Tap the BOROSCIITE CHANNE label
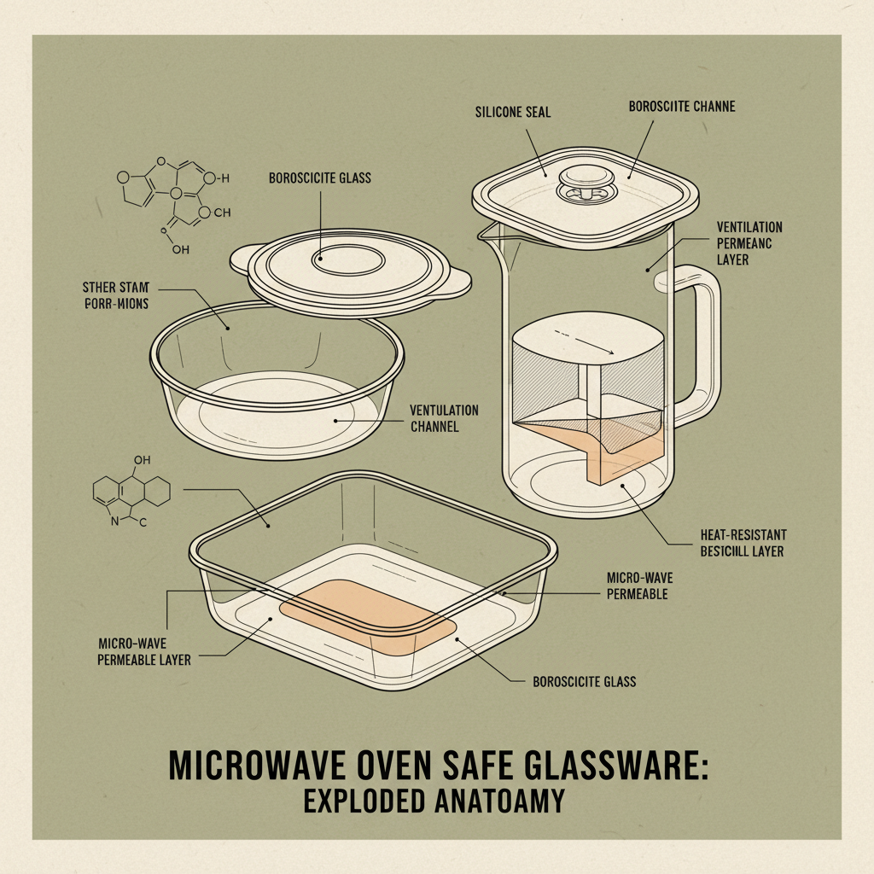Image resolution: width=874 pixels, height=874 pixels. [x=681, y=108]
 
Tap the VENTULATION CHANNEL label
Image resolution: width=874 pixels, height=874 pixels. [x=444, y=417]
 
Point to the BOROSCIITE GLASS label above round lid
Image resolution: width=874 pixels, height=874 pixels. [x=320, y=179]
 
